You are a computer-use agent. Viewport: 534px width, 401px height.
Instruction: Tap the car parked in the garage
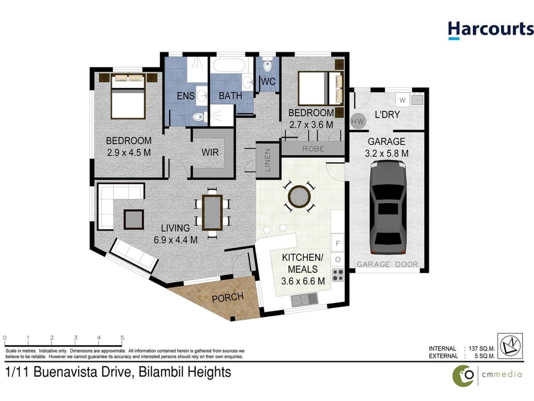pos(388,208)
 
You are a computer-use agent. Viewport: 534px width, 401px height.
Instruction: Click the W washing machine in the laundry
pos(402,99)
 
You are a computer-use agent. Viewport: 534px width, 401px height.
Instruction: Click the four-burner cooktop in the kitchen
pos(338,275)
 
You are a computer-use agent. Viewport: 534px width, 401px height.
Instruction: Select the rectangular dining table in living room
pos(212,213)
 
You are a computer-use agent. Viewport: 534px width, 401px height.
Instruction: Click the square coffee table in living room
pos(133,219)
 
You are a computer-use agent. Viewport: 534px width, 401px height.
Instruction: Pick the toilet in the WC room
pos(267,66)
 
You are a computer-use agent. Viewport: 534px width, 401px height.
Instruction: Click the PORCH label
pos(227,297)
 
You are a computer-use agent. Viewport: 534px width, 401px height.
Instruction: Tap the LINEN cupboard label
pos(267,160)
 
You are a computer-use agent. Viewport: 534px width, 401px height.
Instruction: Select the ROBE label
pos(313,149)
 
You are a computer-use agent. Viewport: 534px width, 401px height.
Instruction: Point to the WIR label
pos(210,152)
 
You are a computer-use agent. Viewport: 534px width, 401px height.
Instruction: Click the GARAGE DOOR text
pos(388,264)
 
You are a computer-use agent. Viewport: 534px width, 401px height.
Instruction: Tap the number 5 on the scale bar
pos(122,338)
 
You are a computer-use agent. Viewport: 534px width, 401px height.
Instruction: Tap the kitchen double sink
pos(304,300)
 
